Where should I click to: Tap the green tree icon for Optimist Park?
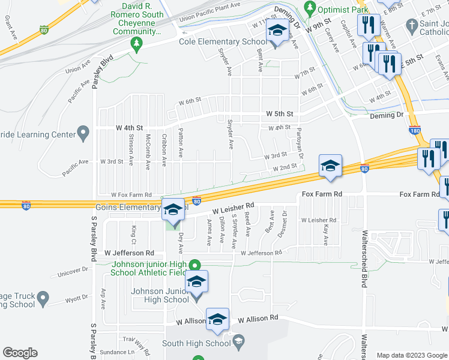[x=310, y=8]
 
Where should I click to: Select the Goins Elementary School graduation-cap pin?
[x=173, y=211]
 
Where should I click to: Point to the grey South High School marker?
[x=238, y=343]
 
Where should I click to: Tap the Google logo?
[x=20, y=353]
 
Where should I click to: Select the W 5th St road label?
[x=280, y=113]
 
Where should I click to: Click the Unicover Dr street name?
[x=73, y=271]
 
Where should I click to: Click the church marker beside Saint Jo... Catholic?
[x=411, y=26]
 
